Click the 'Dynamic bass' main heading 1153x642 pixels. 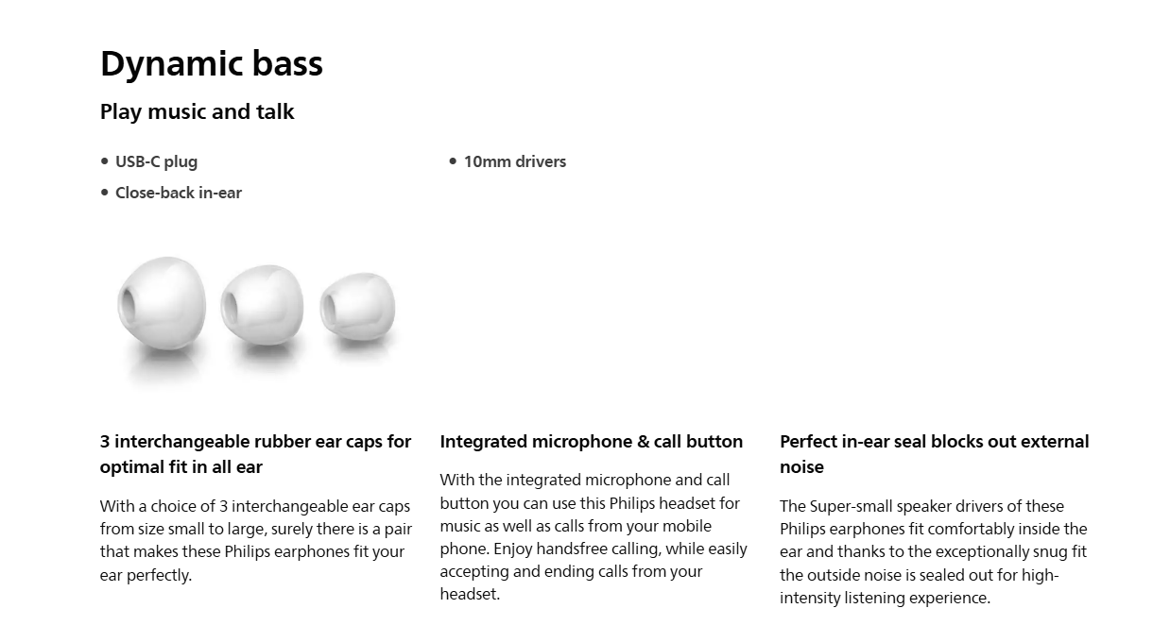[212, 64]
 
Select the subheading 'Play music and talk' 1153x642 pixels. [198, 112]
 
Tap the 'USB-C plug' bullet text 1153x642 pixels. [157, 161]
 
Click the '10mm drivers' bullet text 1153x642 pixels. [515, 161]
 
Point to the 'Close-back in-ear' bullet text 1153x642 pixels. [179, 193]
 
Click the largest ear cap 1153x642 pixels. [163, 303]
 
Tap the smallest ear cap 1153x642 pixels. [358, 307]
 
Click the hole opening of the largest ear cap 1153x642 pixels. [127, 304]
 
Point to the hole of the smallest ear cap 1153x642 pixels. [328, 308]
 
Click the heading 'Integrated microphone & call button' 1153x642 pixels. [592, 442]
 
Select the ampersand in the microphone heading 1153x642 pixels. [644, 442]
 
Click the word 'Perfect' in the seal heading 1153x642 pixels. [808, 442]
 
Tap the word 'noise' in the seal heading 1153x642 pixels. [802, 467]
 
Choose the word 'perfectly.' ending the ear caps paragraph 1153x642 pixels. [159, 575]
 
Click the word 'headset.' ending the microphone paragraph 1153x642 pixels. [470, 594]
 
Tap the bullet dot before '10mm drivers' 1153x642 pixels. [453, 161]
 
